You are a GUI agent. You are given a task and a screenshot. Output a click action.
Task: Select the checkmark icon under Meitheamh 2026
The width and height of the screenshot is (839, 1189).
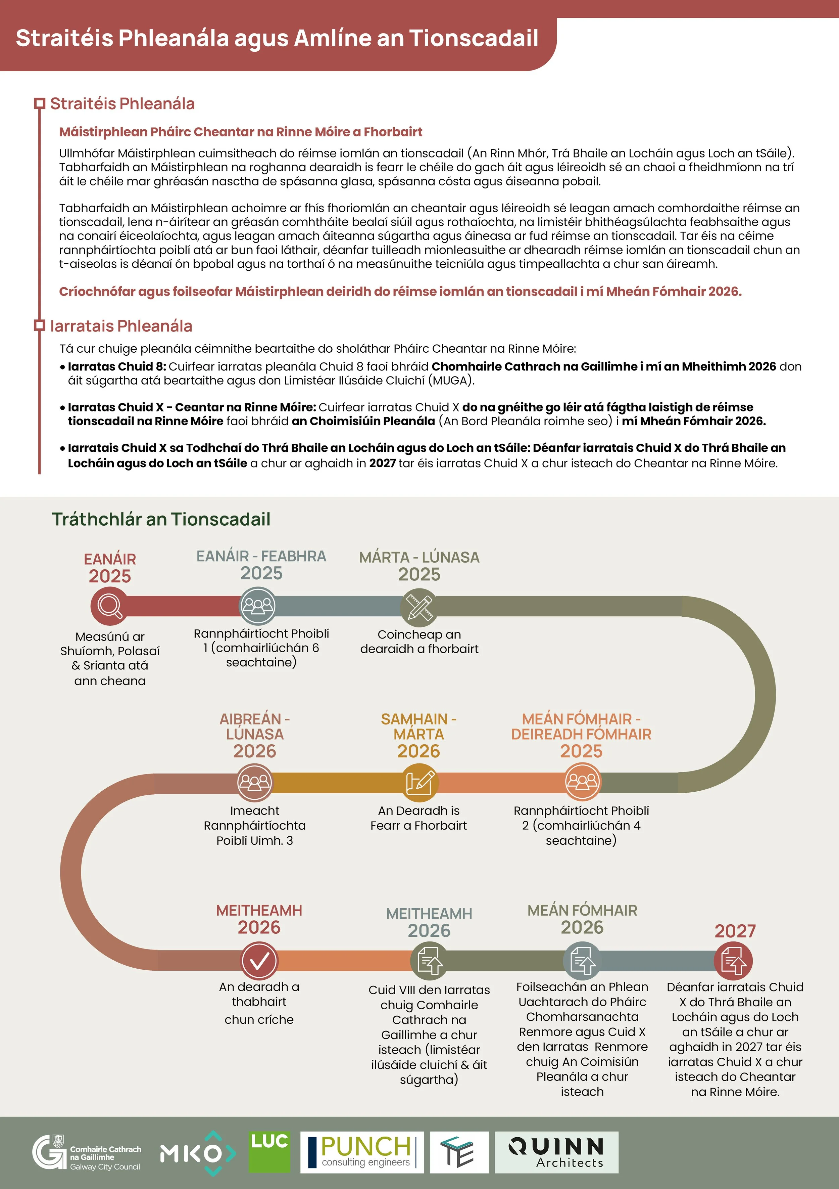pyautogui.click(x=259, y=961)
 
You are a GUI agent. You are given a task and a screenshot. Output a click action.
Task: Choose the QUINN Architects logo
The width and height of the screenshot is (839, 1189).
pyautogui.click(x=556, y=1153)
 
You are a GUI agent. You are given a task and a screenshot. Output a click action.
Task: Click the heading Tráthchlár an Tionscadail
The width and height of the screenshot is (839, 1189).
pyautogui.click(x=161, y=519)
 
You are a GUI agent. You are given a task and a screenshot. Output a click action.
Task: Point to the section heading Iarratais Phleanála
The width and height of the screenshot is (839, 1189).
pyautogui.click(x=121, y=326)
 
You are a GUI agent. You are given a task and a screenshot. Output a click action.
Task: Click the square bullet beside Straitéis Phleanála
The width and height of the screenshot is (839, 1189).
pyautogui.click(x=39, y=103)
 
